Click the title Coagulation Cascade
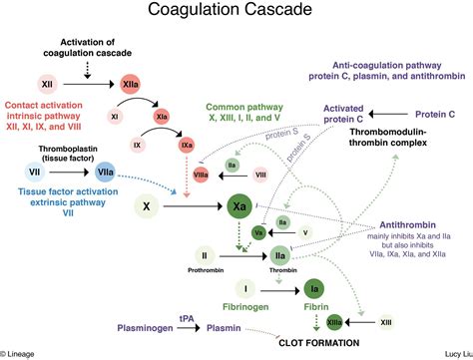[x=236, y=13]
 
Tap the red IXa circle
[x=187, y=146]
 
